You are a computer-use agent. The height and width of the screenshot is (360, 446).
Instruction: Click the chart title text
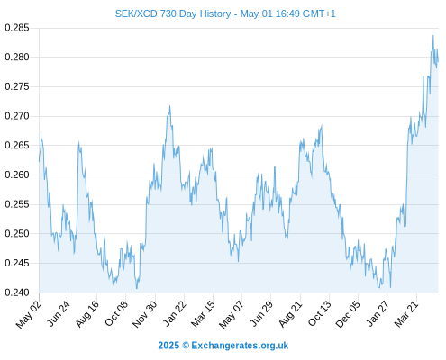coord(225,13)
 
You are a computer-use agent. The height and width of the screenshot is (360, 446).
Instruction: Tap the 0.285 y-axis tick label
coord(17,28)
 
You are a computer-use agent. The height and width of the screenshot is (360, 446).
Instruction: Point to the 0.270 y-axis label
coord(17,116)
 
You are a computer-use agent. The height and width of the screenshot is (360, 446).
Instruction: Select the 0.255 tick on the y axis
coord(17,204)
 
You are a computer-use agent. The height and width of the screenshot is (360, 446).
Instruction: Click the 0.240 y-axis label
coord(17,292)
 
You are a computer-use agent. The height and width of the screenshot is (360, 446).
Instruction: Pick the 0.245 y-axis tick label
coord(17,263)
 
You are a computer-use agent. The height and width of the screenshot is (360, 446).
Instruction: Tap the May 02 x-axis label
coord(28,314)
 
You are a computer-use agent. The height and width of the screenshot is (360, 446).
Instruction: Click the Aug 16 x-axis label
coord(86,313)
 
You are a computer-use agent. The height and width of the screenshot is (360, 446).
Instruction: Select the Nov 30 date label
coord(144,314)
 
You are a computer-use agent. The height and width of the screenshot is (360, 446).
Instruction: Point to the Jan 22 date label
coord(174,313)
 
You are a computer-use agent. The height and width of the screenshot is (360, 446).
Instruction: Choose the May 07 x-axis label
coord(232,314)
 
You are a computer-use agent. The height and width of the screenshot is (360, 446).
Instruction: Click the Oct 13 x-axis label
coord(320,313)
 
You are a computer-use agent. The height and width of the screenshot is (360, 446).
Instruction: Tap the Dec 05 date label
coord(348,314)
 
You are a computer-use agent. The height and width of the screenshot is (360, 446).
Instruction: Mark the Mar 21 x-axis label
coord(406,313)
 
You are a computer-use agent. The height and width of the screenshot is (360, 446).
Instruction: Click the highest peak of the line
coord(433,36)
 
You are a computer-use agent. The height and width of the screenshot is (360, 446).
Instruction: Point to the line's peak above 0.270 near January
coord(170,106)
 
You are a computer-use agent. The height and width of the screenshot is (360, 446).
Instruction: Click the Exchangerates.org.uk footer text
coord(240,346)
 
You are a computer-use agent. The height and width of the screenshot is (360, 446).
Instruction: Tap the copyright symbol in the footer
coord(186,346)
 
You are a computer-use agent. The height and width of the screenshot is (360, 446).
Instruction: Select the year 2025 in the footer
coord(168,346)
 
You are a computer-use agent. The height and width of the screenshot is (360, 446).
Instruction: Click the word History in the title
coord(215,13)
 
